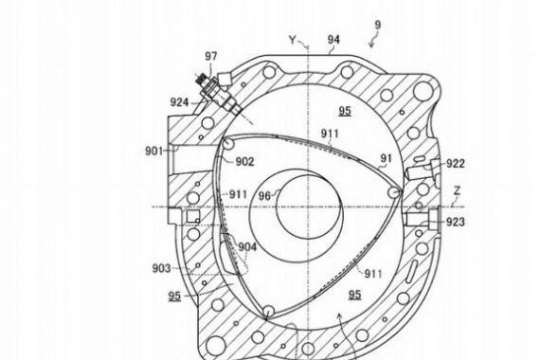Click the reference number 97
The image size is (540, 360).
click(211, 56)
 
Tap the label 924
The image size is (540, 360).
click(179, 102)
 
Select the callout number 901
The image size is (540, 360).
click(153, 151)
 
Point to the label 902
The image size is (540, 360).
click(244, 161)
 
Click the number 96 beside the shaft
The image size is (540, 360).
click(265, 196)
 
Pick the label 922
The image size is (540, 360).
click(456, 164)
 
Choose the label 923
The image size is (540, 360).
click(456, 223)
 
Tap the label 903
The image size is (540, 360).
click(161, 268)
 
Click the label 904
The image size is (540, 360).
click(247, 247)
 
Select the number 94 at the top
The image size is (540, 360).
click(333, 40)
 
